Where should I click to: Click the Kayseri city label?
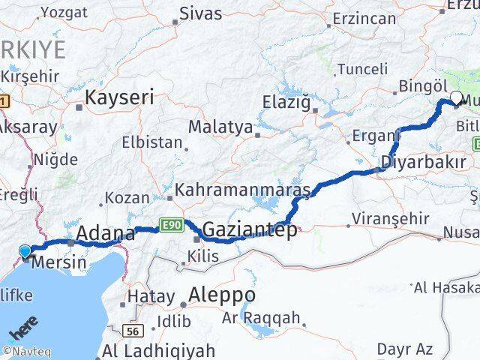coord(119,97)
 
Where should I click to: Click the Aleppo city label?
coord(222,294)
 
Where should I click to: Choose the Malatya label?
coord(220,127)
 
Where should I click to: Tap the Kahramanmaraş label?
coord(242,190)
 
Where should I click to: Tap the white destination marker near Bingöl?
coord(457,97)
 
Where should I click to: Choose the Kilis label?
coord(204,256)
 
